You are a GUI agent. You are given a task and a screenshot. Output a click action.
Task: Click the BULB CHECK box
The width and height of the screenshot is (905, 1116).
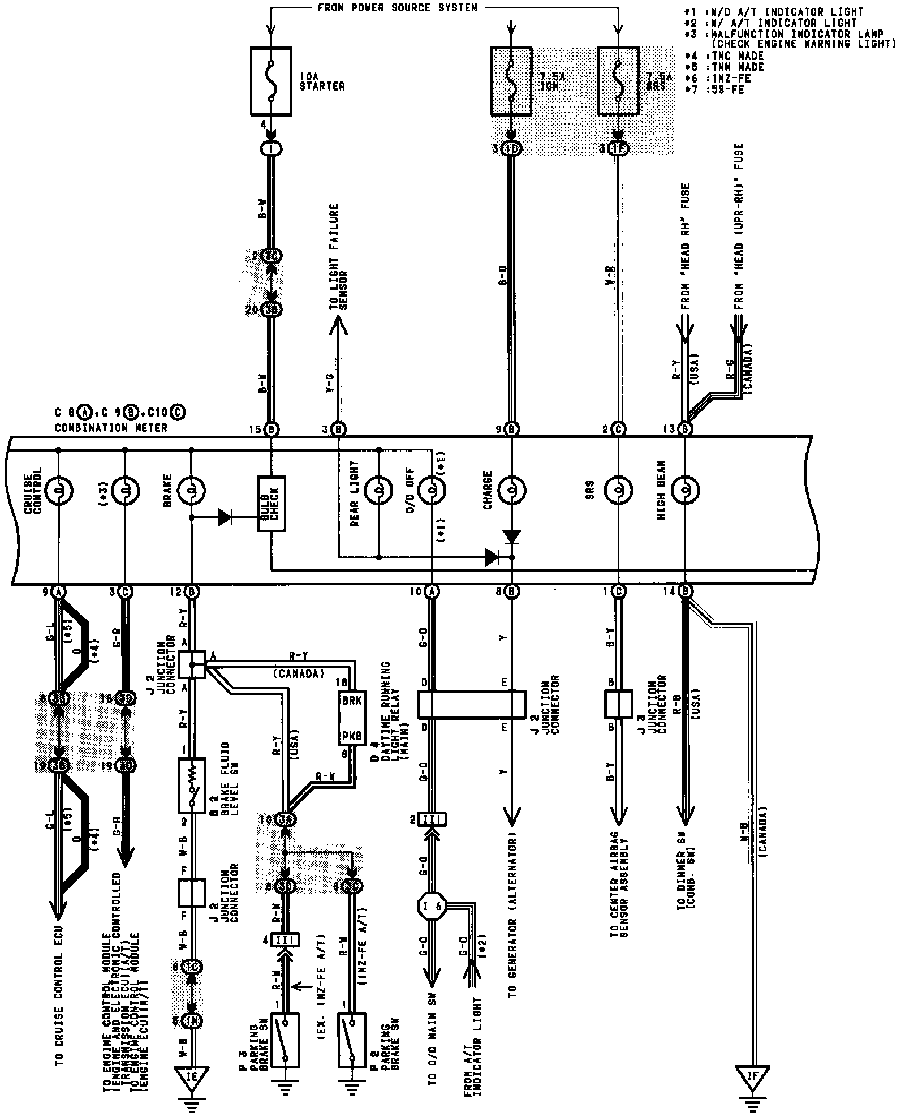tap(271, 504)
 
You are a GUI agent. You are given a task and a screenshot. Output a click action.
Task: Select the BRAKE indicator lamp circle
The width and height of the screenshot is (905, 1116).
tap(191, 490)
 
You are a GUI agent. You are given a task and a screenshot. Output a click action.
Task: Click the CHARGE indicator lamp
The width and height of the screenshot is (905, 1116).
tap(512, 490)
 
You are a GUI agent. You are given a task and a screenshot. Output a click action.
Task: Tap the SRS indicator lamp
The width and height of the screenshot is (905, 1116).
tap(618, 490)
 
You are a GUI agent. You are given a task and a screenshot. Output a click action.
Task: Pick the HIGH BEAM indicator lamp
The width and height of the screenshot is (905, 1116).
tap(685, 490)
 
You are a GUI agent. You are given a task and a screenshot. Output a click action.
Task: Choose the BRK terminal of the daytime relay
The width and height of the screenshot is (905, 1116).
tap(351, 700)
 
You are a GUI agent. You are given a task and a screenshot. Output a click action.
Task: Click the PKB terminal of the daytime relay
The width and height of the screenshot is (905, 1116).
tap(351, 736)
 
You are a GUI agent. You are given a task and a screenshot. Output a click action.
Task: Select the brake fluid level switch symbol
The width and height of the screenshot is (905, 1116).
tap(192, 786)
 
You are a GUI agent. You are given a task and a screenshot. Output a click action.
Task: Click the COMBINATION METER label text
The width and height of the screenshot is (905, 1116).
tap(111, 428)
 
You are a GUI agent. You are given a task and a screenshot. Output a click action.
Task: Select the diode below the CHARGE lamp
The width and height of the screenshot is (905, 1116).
tap(512, 535)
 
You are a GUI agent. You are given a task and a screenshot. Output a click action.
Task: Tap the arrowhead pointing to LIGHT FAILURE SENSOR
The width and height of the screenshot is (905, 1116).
tap(338, 323)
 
